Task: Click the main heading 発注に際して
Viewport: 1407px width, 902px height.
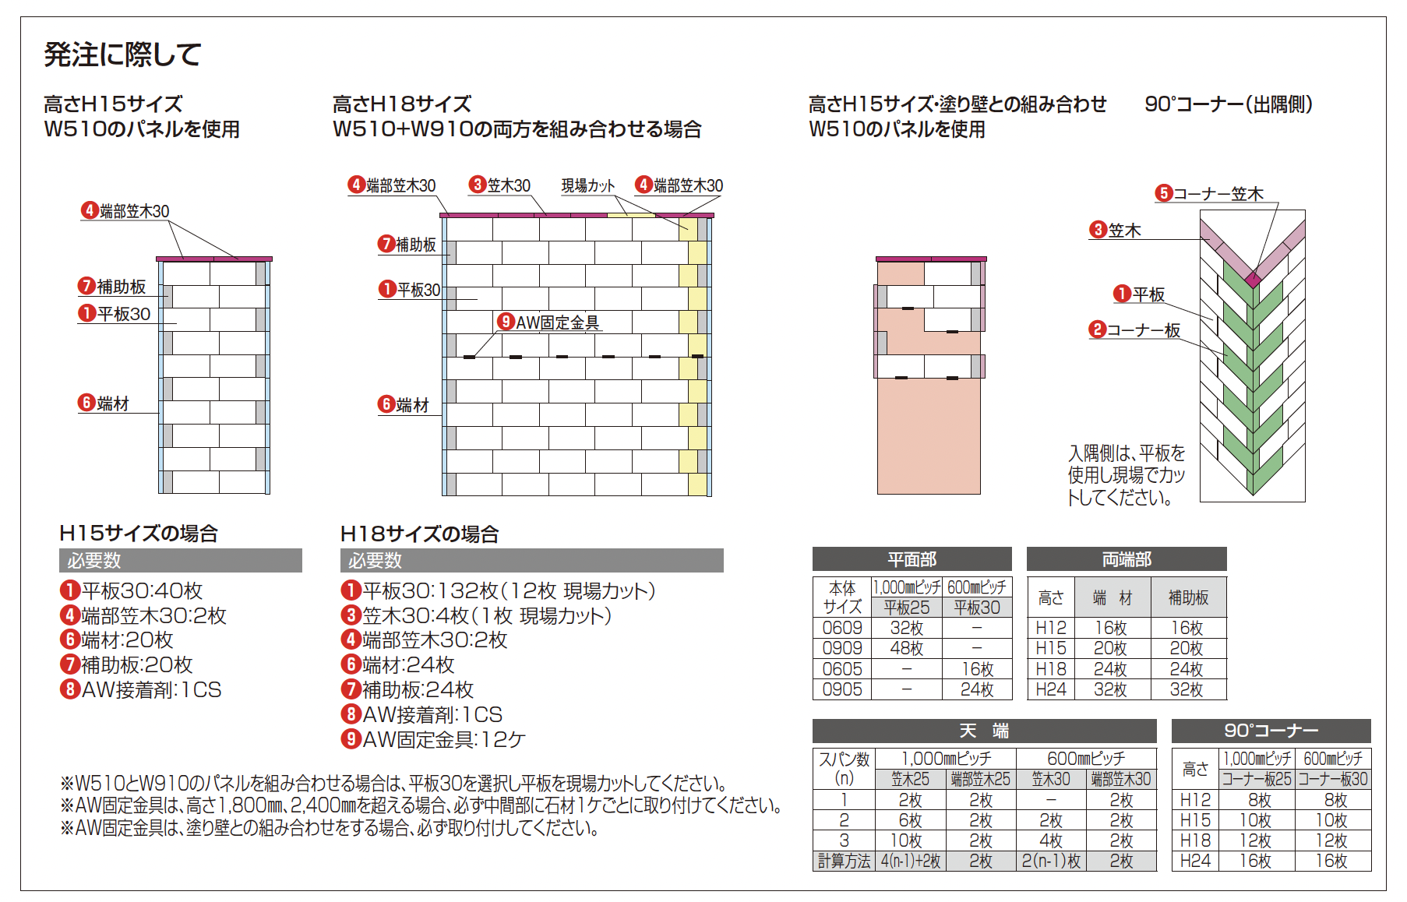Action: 123,55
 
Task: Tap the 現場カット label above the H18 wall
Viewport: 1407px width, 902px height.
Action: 588,185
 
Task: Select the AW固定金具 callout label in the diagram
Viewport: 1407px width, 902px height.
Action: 557,322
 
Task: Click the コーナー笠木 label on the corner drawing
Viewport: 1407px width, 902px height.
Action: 1218,193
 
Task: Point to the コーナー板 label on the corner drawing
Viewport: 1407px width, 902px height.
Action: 1143,330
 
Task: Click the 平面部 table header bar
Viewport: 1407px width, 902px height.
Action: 912,559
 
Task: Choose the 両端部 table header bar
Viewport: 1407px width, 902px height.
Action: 1127,559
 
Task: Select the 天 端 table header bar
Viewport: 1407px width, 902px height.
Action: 984,731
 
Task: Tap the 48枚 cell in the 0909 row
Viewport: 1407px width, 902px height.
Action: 907,648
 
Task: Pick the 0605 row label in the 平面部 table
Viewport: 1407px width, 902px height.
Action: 842,669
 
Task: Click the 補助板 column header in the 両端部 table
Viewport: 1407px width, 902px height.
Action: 1188,597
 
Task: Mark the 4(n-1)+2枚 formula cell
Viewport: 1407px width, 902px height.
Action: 911,861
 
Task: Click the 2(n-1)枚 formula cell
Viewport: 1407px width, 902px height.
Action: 1051,861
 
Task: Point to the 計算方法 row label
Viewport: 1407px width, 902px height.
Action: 844,861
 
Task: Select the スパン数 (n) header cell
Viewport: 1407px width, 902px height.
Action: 844,768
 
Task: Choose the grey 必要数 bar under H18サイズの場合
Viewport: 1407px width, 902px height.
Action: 531,560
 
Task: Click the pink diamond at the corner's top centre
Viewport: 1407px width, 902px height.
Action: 1253,279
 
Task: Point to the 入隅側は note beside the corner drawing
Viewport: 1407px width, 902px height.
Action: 1127,475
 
